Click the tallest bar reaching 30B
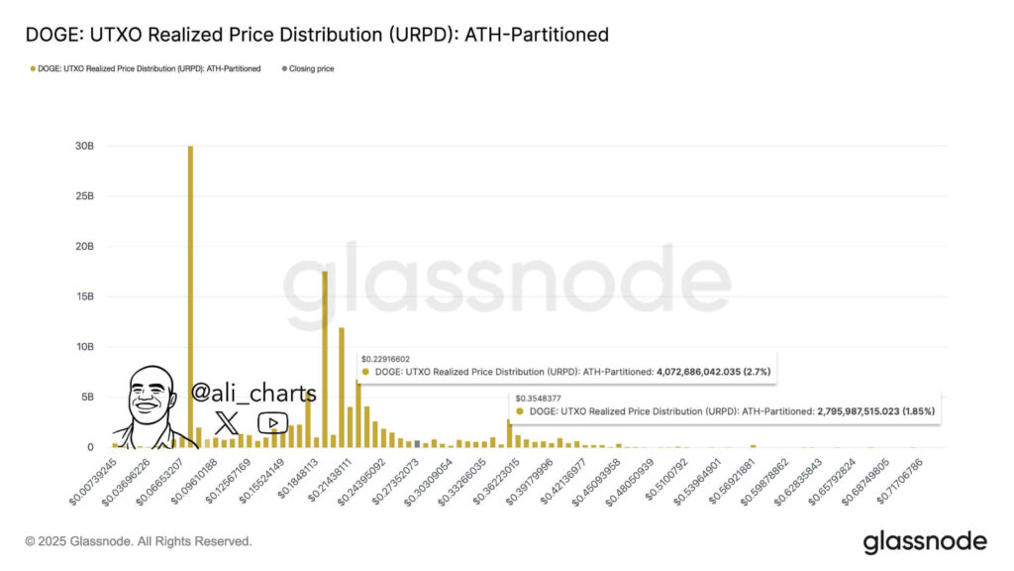click(190, 297)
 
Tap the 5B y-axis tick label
click(86, 397)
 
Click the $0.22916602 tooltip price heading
click(385, 359)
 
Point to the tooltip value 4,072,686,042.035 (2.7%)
click(713, 372)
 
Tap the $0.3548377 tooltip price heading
click(539, 398)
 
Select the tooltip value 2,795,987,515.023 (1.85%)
click(875, 410)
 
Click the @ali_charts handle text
click(253, 394)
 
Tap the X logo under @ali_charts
click(227, 422)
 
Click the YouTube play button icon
click(272, 423)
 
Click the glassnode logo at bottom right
click(925, 541)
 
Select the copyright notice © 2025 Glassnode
click(139, 541)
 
